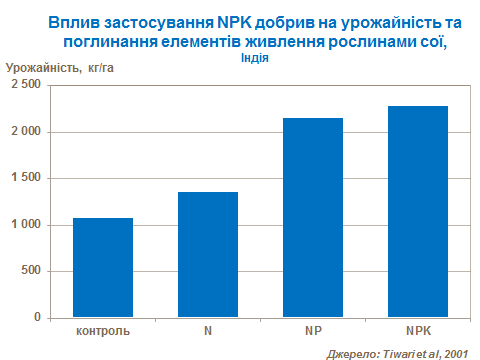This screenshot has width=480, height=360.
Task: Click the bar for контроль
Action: click(102, 267)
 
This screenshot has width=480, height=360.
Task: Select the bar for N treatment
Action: click(207, 254)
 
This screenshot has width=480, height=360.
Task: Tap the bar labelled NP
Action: click(312, 217)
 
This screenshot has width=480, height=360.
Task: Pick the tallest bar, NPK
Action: click(417, 211)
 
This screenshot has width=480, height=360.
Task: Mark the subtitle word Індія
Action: click(254, 58)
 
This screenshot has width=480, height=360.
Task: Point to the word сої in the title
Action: click(431, 41)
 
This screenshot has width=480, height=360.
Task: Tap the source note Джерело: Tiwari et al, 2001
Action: click(397, 351)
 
